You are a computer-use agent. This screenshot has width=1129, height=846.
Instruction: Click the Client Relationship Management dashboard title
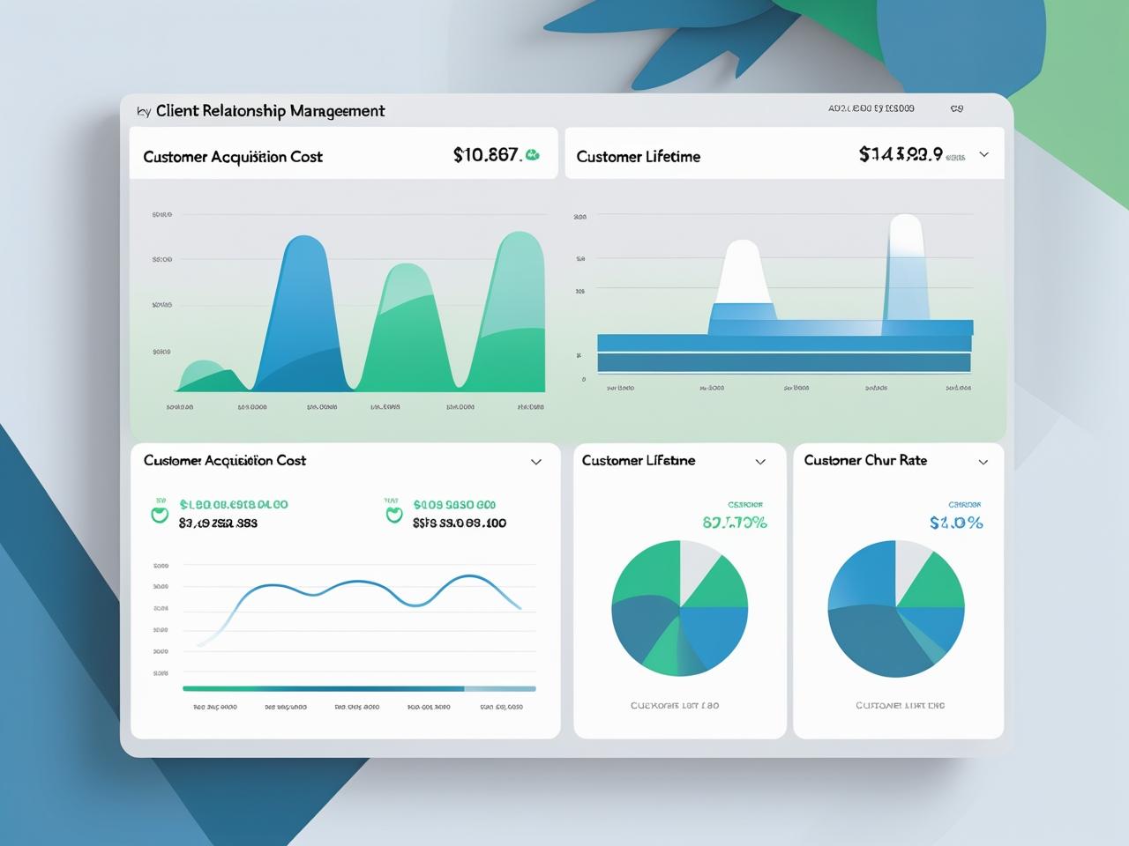pyautogui.click(x=270, y=111)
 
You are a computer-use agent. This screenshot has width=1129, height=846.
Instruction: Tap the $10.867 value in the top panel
pyautogui.click(x=485, y=155)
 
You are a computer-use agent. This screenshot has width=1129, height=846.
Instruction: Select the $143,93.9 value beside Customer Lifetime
pyautogui.click(x=901, y=154)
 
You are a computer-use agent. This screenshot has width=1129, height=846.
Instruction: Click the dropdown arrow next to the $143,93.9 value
pyautogui.click(x=984, y=154)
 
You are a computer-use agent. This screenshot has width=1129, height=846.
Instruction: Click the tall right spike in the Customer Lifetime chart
pyautogui.click(x=906, y=264)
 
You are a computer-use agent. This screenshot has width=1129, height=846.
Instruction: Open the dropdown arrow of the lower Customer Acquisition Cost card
pyautogui.click(x=535, y=462)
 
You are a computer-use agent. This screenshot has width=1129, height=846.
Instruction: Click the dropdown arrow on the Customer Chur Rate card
pyautogui.click(x=983, y=462)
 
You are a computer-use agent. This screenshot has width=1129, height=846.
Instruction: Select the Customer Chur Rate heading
pyautogui.click(x=865, y=460)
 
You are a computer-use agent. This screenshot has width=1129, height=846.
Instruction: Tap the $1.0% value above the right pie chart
pyautogui.click(x=956, y=523)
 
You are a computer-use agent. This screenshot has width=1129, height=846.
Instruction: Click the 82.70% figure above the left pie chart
pyautogui.click(x=735, y=523)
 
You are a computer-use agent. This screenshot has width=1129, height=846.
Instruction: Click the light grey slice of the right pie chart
pyautogui.click(x=910, y=564)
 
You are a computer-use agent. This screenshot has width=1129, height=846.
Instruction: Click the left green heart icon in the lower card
pyautogui.click(x=160, y=513)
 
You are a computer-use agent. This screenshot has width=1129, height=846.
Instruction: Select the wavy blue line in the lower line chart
pyautogui.click(x=353, y=583)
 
